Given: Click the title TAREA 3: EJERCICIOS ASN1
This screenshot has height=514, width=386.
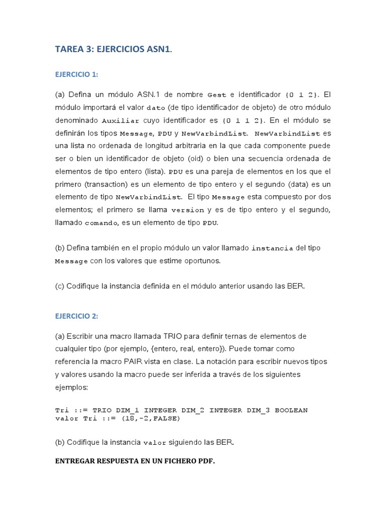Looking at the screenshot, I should [x=114, y=49].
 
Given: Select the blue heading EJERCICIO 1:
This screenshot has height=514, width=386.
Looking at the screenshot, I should [x=76, y=74].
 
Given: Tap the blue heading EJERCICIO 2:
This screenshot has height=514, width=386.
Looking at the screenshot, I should [x=76, y=316].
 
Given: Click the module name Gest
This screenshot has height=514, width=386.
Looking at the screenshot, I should [x=217, y=95].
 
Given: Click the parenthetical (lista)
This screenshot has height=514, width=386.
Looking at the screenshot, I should [x=156, y=172].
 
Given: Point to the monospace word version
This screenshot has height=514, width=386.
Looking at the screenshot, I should [x=187, y=210].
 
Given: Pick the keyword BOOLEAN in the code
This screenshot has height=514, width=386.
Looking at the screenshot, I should [x=292, y=410].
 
